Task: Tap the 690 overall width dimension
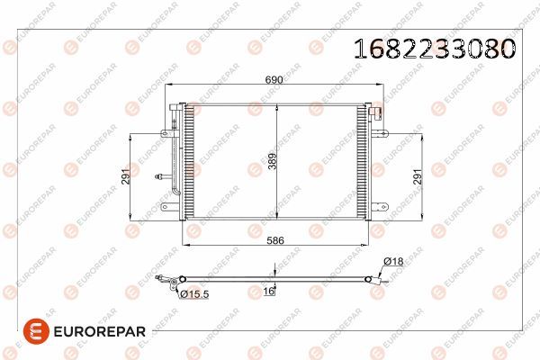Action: click(x=274, y=81)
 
